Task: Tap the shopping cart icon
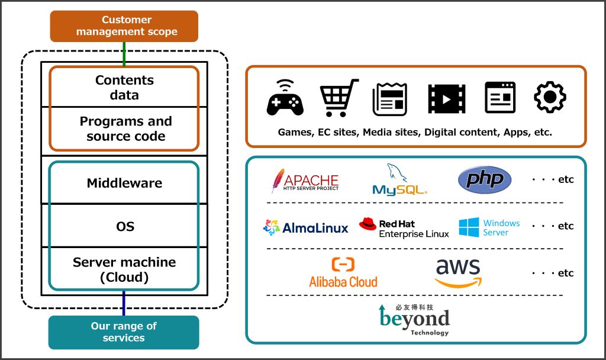(339, 98)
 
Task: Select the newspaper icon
(389, 98)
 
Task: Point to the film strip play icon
(447, 98)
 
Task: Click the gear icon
(550, 98)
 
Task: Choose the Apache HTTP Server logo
(305, 181)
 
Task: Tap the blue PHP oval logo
(485, 179)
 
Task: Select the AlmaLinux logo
(306, 227)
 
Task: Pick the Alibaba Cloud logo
(343, 273)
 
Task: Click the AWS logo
(458, 272)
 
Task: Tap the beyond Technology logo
(414, 320)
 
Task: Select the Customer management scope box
(124, 27)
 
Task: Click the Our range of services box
(124, 332)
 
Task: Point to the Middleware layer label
(124, 183)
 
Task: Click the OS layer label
(124, 226)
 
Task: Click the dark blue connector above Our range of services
(124, 303)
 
